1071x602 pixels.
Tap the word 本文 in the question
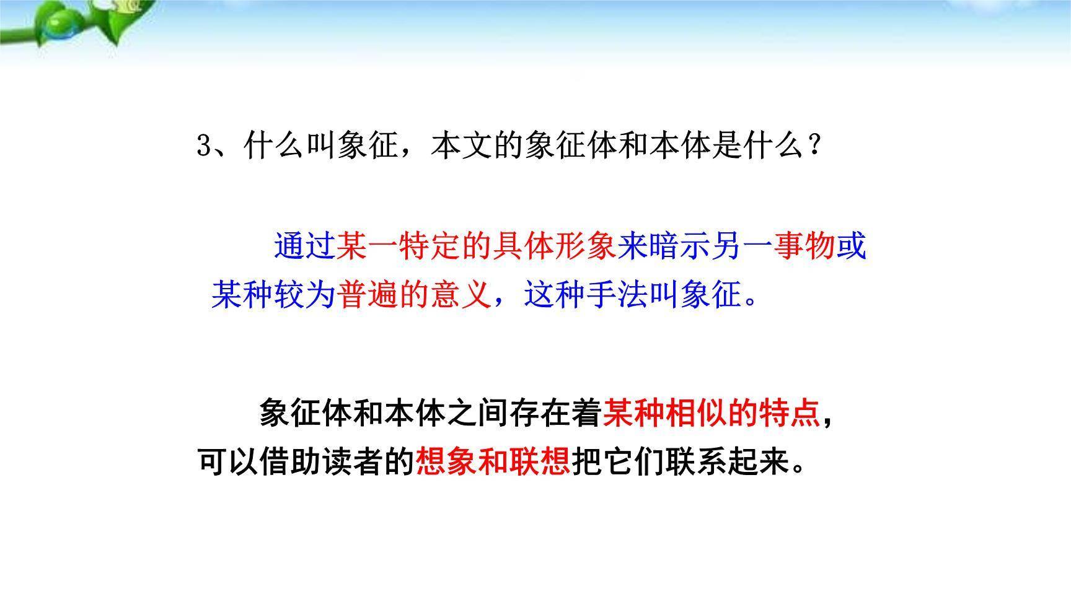[x=462, y=146]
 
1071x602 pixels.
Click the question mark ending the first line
[x=814, y=146]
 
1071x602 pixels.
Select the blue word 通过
[x=304, y=246]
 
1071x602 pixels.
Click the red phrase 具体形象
[x=554, y=246]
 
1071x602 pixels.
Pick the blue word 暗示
[x=679, y=246]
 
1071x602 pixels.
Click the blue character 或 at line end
[x=851, y=246]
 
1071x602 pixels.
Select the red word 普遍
[x=366, y=294]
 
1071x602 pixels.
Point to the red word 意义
[x=460, y=294]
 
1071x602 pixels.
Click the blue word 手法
[x=617, y=294]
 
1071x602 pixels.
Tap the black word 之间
[x=477, y=412]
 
